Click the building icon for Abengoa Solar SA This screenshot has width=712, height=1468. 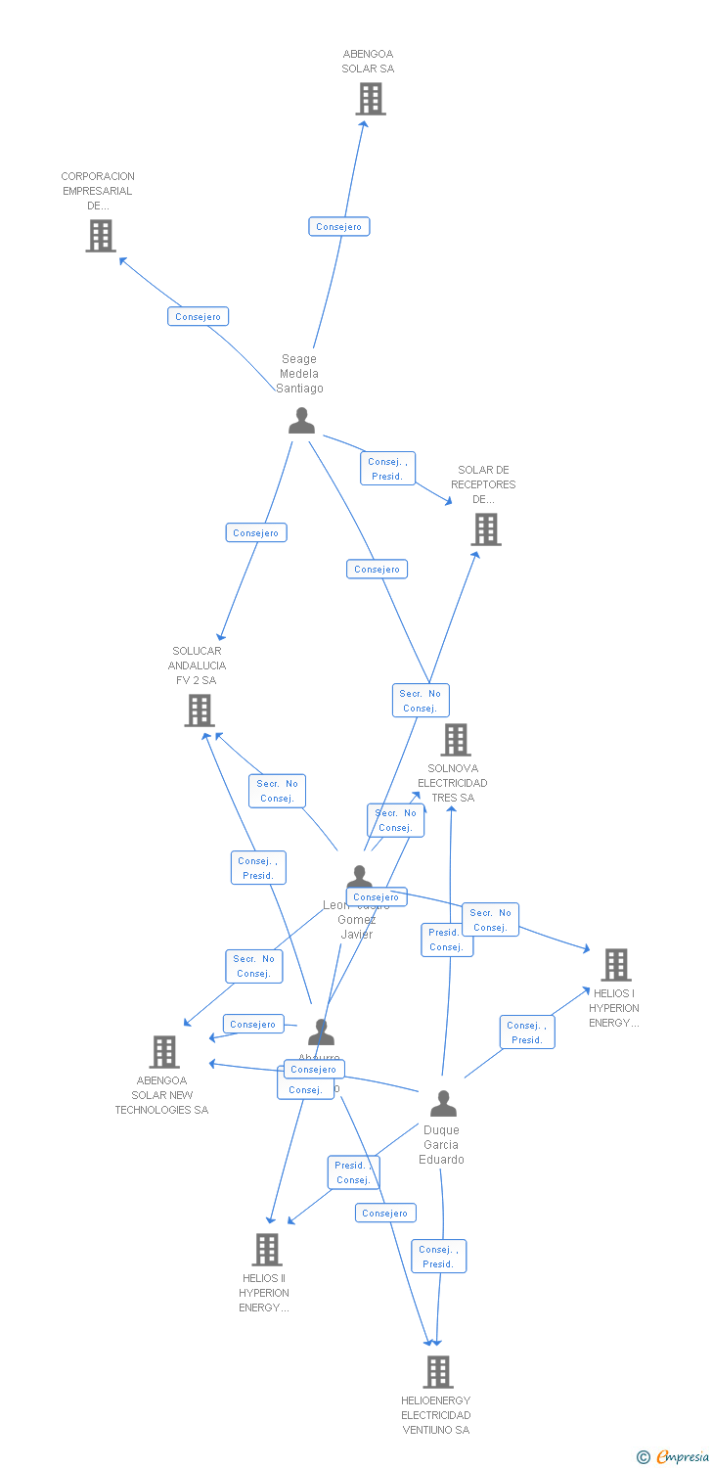tap(371, 99)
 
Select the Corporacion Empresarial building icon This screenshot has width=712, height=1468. tap(100, 236)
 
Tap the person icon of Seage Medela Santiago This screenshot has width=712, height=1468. tap(301, 420)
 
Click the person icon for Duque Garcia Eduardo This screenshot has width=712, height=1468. tap(443, 1104)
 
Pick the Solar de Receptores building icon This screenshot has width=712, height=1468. tap(485, 529)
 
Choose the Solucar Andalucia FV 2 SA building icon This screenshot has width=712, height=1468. tap(200, 711)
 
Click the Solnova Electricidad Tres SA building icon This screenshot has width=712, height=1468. tap(455, 740)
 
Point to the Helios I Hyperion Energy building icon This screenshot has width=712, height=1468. tap(615, 965)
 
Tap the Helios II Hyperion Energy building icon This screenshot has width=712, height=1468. tap(267, 1250)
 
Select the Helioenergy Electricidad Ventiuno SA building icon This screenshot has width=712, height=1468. tap(437, 1372)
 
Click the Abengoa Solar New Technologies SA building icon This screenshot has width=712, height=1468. tap(164, 1052)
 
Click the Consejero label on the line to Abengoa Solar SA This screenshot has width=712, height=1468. tap(339, 227)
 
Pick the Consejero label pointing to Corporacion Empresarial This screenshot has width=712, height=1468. tap(199, 316)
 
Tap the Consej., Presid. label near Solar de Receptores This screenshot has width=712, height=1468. tap(387, 469)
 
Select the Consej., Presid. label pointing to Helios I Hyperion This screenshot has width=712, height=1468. tap(527, 1032)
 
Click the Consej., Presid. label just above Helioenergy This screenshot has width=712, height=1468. tap(438, 1257)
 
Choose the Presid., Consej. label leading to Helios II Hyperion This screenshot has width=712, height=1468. tap(353, 1172)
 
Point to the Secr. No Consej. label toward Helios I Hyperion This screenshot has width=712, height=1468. tap(490, 920)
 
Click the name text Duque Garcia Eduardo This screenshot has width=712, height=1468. tap(442, 1145)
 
